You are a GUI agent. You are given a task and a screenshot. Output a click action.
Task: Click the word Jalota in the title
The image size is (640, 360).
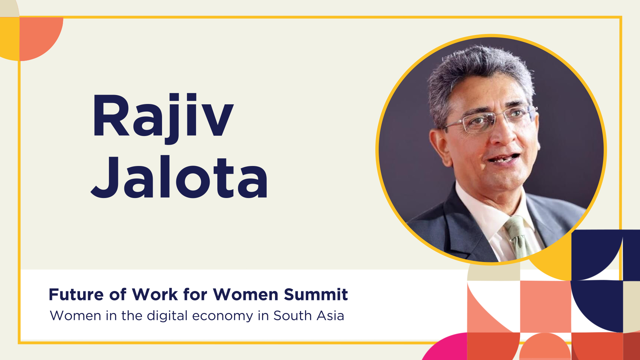tap(179, 177)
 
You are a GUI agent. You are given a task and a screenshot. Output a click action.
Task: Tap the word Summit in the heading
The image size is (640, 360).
tap(316, 294)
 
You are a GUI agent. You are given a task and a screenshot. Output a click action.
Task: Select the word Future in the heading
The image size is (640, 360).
tap(76, 294)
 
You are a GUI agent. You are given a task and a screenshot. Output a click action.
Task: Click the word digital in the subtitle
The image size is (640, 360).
tap(167, 316)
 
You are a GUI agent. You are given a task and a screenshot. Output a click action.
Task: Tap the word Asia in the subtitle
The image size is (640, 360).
tap(330, 315)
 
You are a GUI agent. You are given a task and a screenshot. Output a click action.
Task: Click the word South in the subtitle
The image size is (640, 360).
tap(292, 315)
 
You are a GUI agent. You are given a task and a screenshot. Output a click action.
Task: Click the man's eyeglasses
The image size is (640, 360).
tap(490, 119)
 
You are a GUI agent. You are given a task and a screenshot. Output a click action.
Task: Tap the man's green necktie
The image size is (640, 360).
tap(518, 237)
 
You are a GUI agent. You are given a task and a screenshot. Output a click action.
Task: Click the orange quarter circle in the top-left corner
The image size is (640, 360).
tap(38, 37)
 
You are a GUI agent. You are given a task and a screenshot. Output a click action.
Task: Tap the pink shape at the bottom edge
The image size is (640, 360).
tap(445, 347)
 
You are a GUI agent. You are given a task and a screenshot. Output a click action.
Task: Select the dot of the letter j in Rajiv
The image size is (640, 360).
tap(174, 97)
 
